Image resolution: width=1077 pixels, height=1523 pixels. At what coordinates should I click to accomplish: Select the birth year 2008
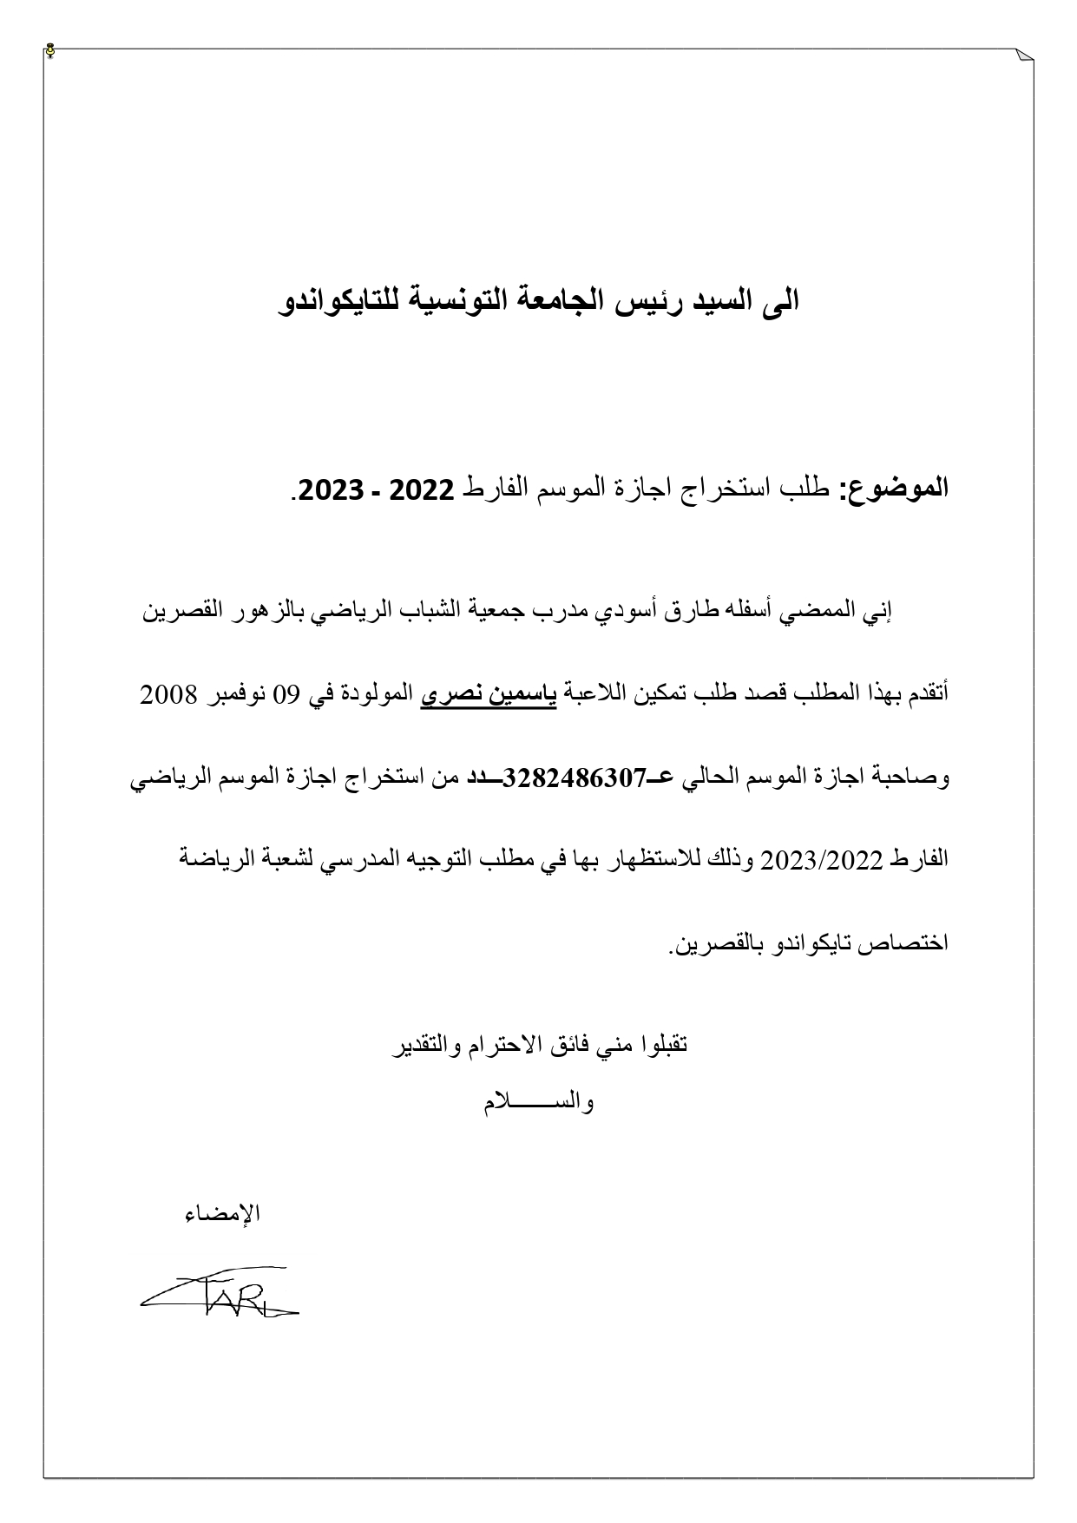click(169, 695)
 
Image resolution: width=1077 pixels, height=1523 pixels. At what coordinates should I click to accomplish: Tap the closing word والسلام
click(538, 1104)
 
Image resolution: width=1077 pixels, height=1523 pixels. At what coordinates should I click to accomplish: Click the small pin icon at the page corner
click(51, 50)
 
